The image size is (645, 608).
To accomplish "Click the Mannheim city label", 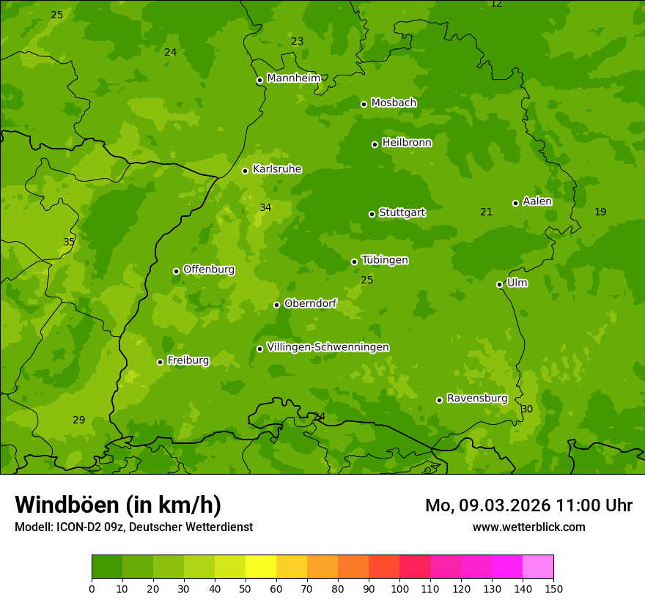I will [x=294, y=78].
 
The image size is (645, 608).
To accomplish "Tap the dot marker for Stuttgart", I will [x=372, y=214].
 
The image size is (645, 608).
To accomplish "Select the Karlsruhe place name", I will [x=277, y=169].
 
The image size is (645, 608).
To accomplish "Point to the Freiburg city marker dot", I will [x=160, y=362].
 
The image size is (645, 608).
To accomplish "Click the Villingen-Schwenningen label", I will [x=328, y=347].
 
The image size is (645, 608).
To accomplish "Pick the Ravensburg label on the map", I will [x=477, y=398].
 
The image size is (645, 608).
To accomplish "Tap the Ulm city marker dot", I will [x=499, y=284].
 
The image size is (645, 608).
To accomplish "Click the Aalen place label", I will [x=537, y=201].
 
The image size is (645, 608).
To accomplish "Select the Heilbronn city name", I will [x=407, y=143].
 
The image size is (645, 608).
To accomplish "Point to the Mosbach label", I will [x=394, y=103].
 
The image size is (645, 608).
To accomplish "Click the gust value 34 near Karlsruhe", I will [x=265, y=208].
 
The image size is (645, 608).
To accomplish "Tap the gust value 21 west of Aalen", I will [x=486, y=212].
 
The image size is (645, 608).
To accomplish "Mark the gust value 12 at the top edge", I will [x=496, y=4].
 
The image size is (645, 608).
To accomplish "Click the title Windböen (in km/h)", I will [x=118, y=505].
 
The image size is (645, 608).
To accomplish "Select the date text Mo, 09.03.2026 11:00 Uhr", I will [x=528, y=505].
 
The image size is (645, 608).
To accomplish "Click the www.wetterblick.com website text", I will [x=528, y=527].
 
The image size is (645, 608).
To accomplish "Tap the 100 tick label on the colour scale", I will [x=399, y=588].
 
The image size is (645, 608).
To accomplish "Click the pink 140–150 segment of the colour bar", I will [x=538, y=567].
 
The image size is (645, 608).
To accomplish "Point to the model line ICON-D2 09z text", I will [x=133, y=527].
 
